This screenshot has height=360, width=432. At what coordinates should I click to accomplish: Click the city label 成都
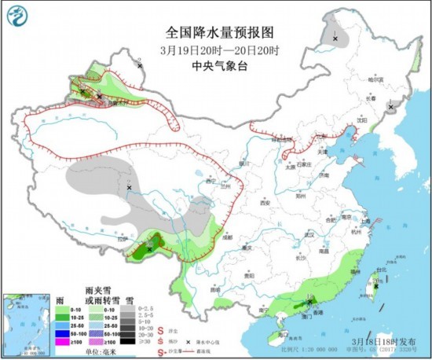227,236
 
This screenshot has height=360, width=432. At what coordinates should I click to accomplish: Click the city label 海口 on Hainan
282,334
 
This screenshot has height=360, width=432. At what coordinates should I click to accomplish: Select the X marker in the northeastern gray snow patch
335,38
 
